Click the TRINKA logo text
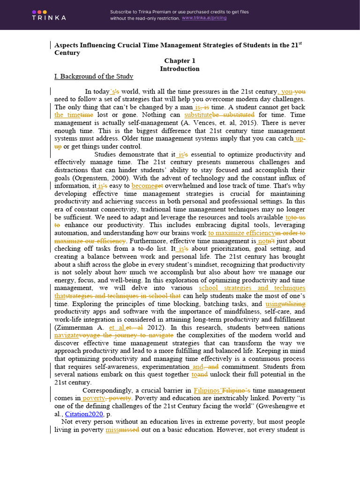click(x=49, y=17)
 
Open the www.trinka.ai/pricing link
click(x=204, y=18)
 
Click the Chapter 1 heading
click(x=180, y=61)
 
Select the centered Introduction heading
click(x=180, y=69)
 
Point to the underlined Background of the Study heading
click(x=94, y=76)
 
